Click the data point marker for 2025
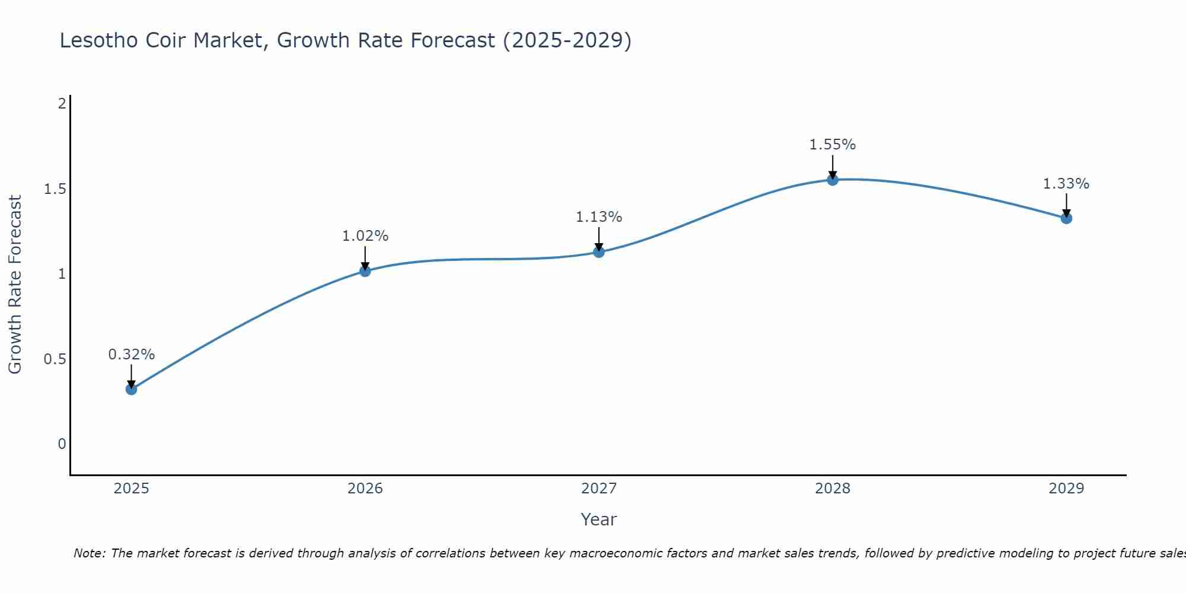[132, 390]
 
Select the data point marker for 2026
[365, 271]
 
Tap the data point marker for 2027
[599, 252]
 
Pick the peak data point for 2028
[833, 180]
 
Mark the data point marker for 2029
[1066, 218]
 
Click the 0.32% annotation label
[132, 355]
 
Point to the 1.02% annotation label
[365, 236]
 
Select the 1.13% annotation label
[599, 217]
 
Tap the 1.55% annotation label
[833, 145]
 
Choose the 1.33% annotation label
[1066, 184]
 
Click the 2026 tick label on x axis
[365, 489]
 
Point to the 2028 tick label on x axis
[833, 489]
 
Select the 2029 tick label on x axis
[1066, 489]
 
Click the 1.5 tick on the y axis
[55, 189]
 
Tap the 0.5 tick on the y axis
[55, 359]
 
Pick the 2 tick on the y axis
[62, 104]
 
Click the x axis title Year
[599, 519]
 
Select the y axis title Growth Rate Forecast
[15, 285]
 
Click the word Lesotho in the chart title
[98, 40]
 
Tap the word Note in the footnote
[89, 553]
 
